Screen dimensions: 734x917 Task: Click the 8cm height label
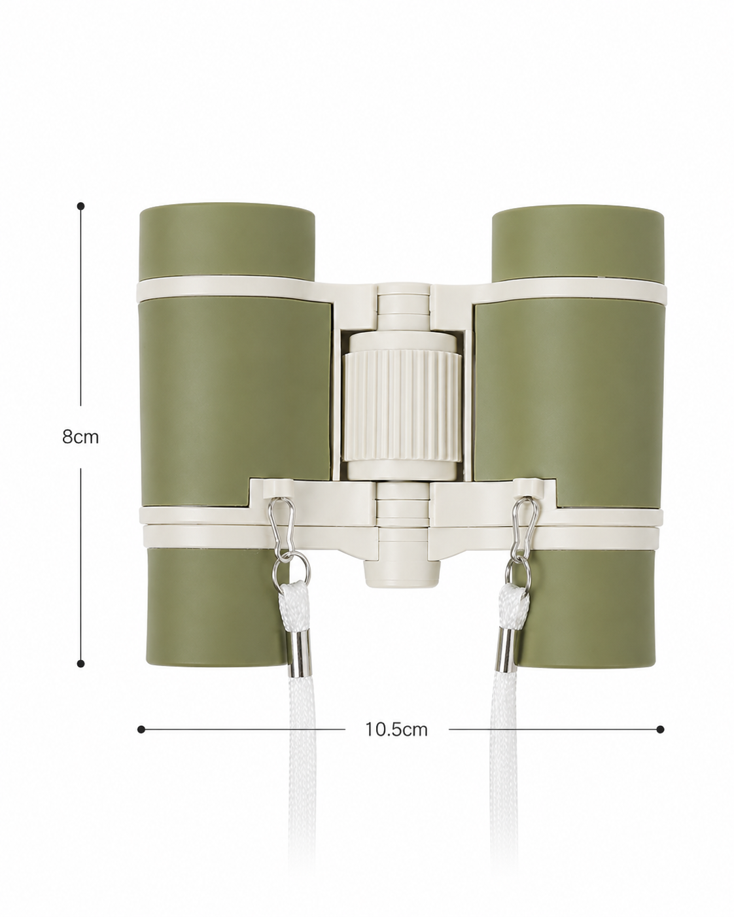pos(80,437)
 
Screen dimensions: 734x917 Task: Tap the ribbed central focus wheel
pos(402,406)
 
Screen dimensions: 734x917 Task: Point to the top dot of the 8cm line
pos(80,206)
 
